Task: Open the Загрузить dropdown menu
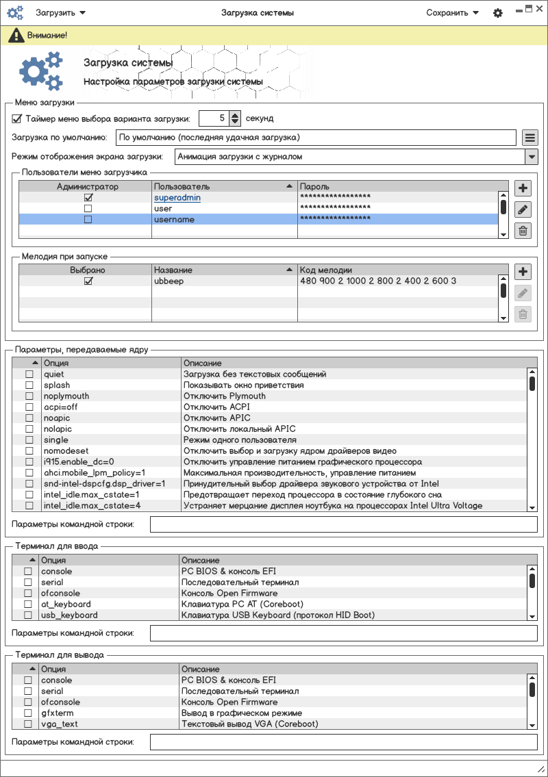pos(60,13)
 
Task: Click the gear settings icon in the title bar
pos(498,13)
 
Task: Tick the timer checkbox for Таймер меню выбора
pos(17,118)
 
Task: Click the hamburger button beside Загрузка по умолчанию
pos(529,138)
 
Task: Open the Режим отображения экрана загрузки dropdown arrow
pos(531,157)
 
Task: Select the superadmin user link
pos(177,198)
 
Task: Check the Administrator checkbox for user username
pos(88,220)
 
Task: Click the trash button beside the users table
pos(523,231)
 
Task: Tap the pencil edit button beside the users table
pos(523,209)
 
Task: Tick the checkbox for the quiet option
pos(29,374)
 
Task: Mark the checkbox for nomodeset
pos(29,451)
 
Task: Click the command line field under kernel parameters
pos(343,525)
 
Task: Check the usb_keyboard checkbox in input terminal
pos(28,615)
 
